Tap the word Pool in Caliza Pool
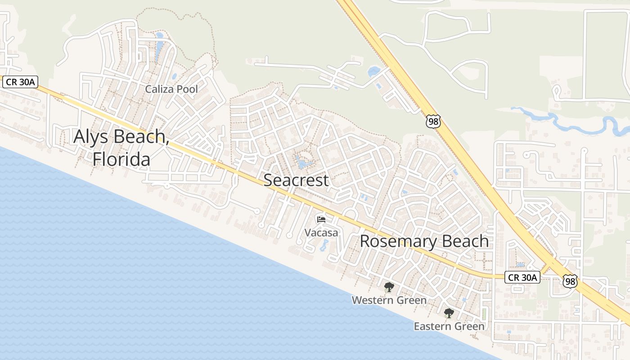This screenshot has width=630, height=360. (x=187, y=89)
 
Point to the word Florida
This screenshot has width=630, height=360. (x=121, y=159)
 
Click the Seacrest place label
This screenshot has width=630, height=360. (x=296, y=180)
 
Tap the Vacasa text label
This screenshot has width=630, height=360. (x=321, y=233)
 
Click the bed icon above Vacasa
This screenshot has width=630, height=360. (x=321, y=220)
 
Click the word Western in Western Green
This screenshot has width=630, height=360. (x=371, y=300)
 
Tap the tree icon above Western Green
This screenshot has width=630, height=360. (x=389, y=287)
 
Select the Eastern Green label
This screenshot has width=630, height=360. (x=449, y=326)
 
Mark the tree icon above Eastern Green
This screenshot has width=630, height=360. (x=449, y=313)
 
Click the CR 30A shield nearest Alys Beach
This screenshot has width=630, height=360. (x=21, y=82)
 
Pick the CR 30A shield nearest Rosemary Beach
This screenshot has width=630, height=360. (x=522, y=277)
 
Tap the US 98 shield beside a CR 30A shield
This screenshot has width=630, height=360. (x=569, y=282)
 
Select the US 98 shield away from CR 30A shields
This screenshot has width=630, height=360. (x=433, y=121)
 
